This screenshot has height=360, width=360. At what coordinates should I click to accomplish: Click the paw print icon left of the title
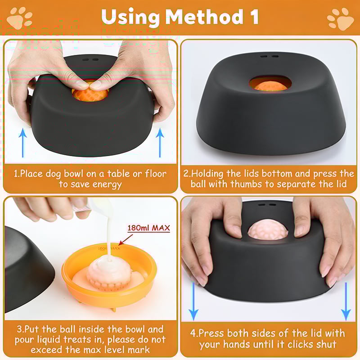[20, 18]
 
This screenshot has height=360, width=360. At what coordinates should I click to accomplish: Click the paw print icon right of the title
[340, 18]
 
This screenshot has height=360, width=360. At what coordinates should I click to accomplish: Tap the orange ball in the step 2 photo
[270, 84]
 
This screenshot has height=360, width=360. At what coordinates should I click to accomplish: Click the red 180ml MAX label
[149, 228]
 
